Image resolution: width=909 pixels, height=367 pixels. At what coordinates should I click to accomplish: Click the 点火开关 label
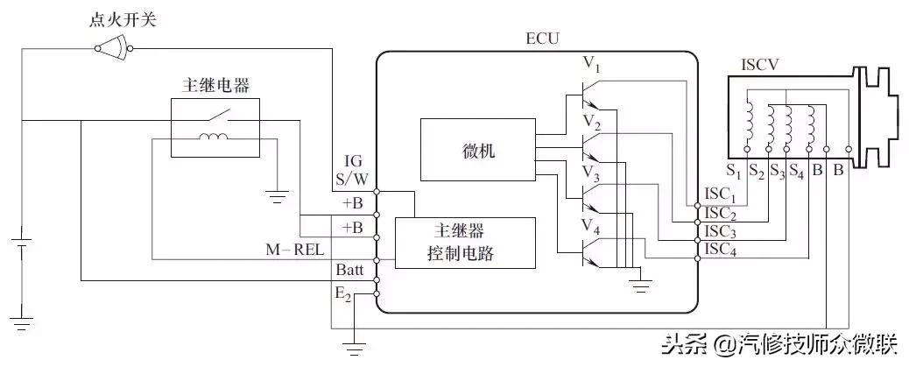[x=122, y=18]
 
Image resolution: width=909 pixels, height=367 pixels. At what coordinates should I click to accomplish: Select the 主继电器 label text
[x=214, y=86]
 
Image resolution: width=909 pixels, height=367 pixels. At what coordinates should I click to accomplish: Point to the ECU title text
[x=541, y=39]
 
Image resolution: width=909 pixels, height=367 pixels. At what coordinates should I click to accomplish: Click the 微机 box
[x=476, y=152]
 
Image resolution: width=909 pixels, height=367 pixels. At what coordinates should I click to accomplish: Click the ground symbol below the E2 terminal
[x=354, y=349]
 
